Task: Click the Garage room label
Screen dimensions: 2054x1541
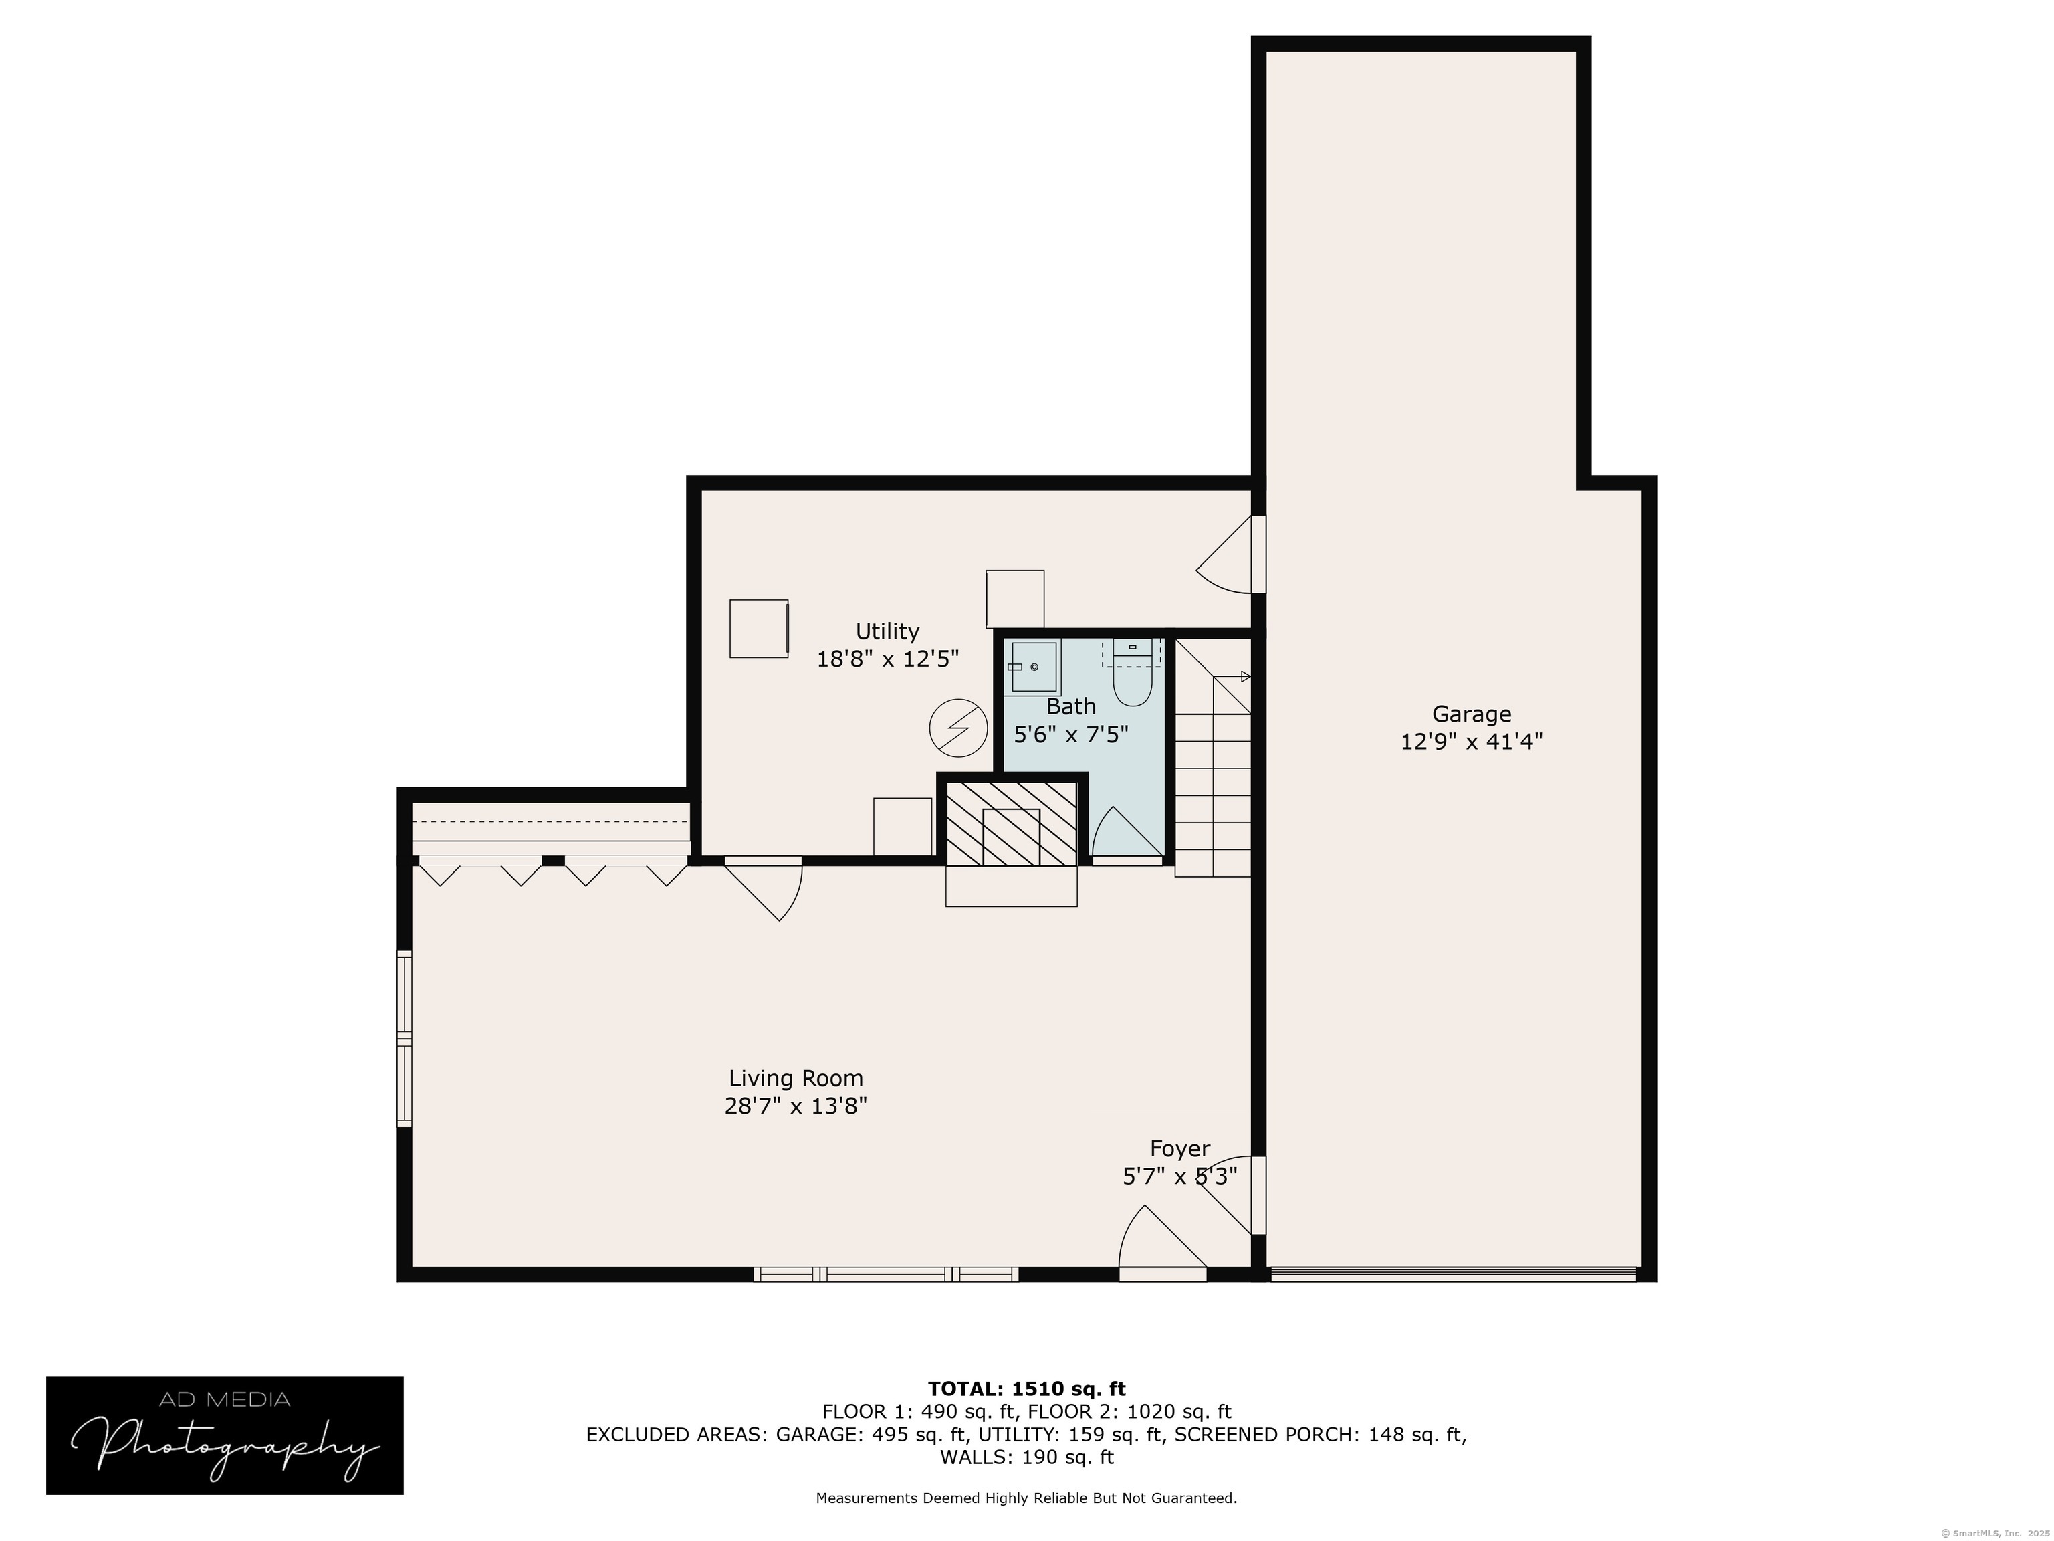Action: [x=1471, y=714]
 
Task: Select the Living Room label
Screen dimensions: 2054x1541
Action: [x=796, y=1078]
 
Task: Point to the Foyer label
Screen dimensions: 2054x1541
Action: [x=1180, y=1149]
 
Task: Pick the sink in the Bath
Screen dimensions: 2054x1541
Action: [x=1032, y=667]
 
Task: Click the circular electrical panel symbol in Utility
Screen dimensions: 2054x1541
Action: [x=958, y=727]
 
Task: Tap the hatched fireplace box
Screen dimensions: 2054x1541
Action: [x=1011, y=823]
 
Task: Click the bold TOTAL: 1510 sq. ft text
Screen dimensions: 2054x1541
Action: [x=1027, y=1389]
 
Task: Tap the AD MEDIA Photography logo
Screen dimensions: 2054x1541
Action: [x=225, y=1436]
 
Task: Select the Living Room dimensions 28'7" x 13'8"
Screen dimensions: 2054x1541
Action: [x=796, y=1106]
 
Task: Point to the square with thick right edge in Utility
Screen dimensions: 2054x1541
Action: [x=760, y=629]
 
